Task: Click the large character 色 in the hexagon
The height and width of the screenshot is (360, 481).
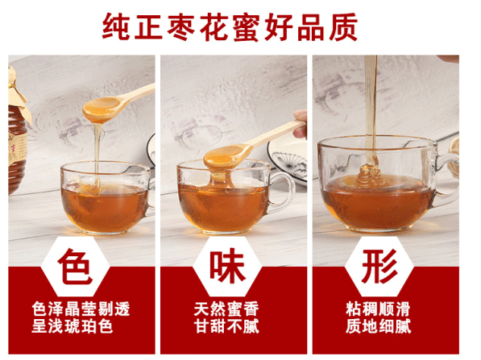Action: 75,266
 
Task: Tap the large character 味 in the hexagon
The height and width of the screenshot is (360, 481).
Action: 228,265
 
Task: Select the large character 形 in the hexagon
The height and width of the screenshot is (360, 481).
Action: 379,265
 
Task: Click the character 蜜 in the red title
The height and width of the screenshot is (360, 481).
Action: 246,27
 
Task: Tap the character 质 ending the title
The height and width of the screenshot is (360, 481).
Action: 344,27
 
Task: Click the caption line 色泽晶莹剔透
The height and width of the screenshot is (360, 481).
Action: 81,308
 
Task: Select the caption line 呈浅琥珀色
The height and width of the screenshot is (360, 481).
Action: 72,326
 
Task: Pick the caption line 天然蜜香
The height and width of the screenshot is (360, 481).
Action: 226,308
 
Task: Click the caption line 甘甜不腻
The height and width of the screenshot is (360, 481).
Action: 226,326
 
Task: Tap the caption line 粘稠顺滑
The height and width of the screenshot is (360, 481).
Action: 379,308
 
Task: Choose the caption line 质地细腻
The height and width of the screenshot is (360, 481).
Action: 379,326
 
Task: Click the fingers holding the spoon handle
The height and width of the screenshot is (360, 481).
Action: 300,124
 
